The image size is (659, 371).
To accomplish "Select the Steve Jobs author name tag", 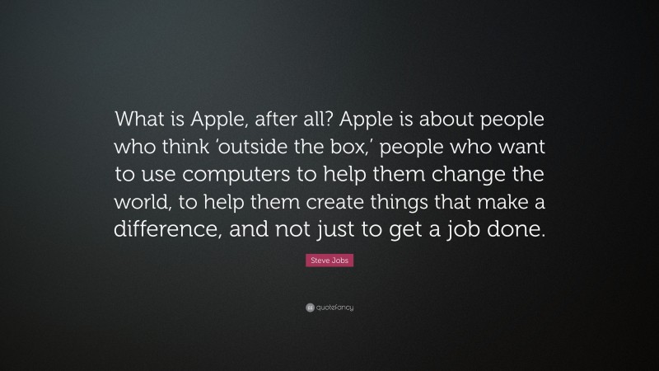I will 329,261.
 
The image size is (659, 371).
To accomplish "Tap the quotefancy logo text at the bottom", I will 334,307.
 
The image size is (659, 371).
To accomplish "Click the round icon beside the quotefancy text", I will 309,307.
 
